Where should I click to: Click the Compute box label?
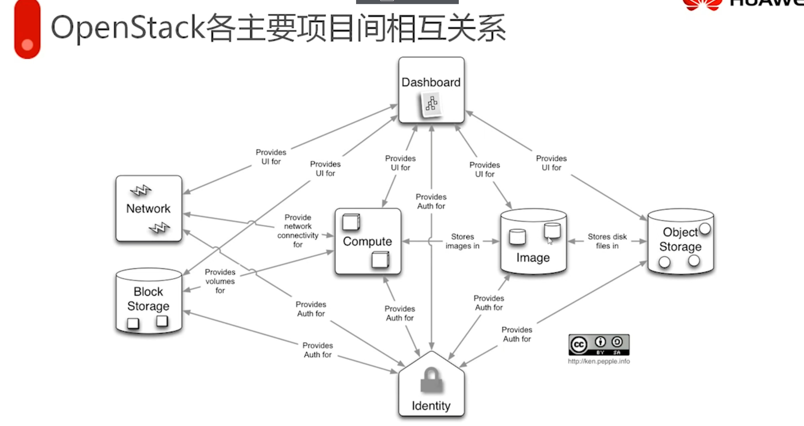(x=367, y=241)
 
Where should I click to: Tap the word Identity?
(x=431, y=406)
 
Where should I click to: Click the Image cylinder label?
(x=533, y=258)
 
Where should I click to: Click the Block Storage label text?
(x=148, y=299)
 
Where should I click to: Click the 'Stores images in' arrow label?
(x=462, y=241)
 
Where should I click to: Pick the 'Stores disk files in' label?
(x=607, y=241)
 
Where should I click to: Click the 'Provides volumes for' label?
(x=220, y=281)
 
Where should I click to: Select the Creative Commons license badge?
(x=599, y=345)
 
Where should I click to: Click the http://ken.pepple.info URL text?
(x=599, y=361)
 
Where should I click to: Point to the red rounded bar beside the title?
(x=28, y=30)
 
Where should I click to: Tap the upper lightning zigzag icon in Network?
(x=141, y=190)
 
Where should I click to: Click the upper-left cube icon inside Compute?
(x=351, y=222)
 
